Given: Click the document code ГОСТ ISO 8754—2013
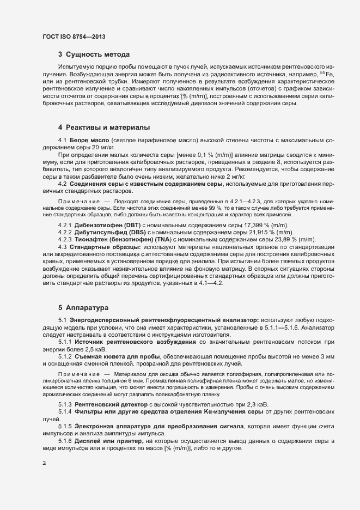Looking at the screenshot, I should point(74,37).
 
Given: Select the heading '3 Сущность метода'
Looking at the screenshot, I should point(94,54).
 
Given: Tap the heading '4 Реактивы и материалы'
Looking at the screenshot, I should point(103,127).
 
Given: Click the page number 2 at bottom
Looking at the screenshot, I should point(44,464).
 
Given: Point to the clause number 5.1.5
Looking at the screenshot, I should point(65,424).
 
